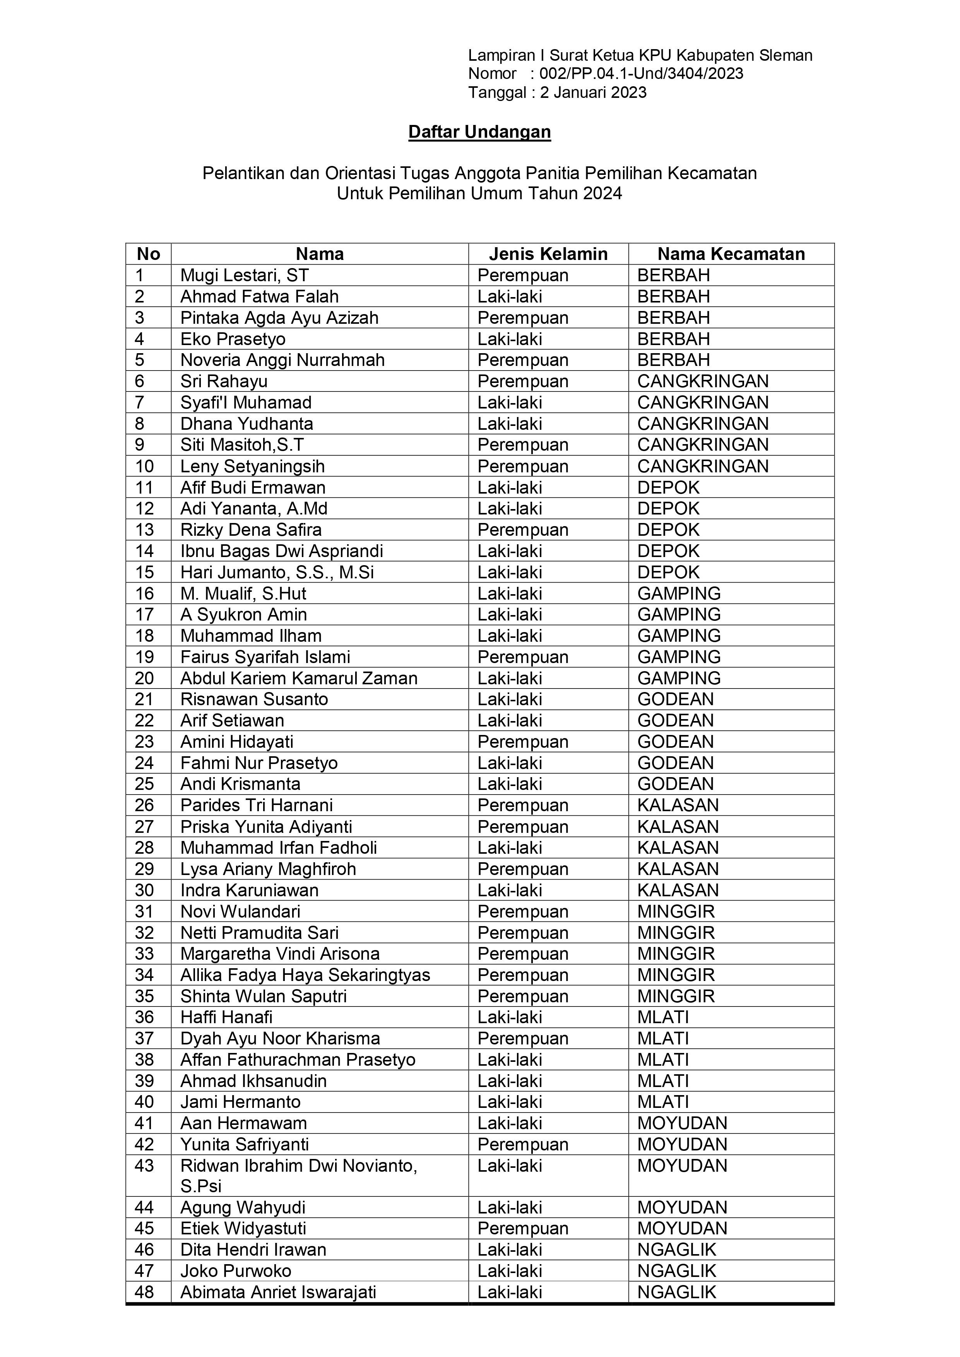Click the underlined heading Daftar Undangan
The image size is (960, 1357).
point(479,132)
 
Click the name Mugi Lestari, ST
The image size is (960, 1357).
point(244,275)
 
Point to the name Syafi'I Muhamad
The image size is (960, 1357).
point(245,402)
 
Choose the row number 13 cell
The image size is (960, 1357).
point(145,530)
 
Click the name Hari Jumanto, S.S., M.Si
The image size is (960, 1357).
point(277,572)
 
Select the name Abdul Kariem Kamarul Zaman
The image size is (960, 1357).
point(298,678)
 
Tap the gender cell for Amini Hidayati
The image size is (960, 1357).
point(522,742)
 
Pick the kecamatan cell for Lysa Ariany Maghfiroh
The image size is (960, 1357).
point(678,869)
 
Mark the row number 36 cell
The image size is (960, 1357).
point(145,1017)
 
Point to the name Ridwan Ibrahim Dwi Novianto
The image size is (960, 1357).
point(298,1166)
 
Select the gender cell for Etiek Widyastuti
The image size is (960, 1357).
point(522,1228)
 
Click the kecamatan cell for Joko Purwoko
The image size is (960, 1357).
point(676,1271)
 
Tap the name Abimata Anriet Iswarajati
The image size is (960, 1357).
point(278,1292)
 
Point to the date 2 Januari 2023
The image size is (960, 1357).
point(593,93)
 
